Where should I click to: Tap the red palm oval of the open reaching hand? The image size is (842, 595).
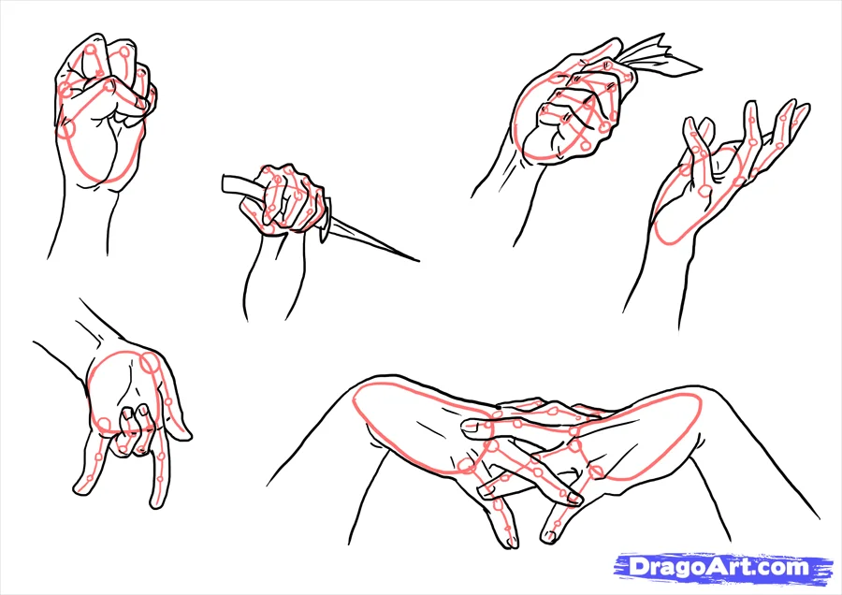[x=697, y=201]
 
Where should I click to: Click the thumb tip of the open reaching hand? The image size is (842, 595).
[x=692, y=124]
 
